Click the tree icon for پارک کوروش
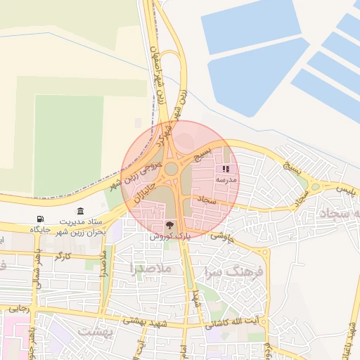169,224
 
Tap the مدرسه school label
226,180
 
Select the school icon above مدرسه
226,169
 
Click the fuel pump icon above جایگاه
39,219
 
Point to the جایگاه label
39,229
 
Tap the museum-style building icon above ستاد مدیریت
80,212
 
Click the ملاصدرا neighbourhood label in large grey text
151,268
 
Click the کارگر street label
63,254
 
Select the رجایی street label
17,309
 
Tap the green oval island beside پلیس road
314,187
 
